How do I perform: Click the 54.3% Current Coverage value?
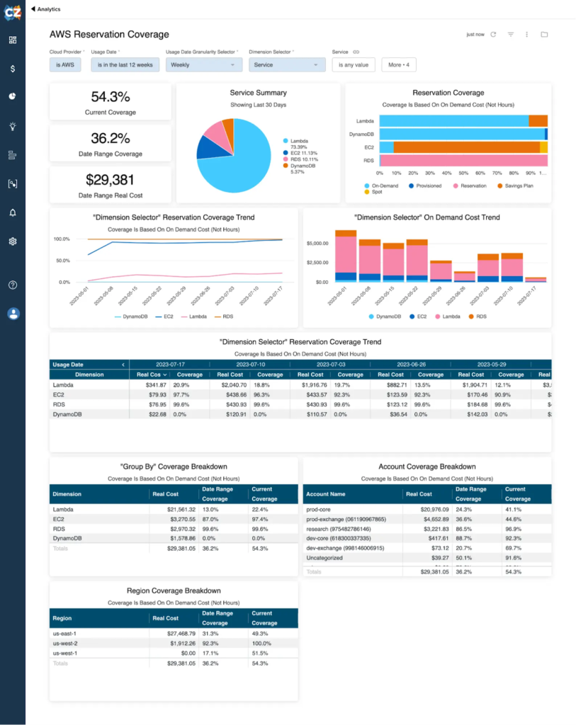point(110,97)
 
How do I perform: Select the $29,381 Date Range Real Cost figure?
point(110,180)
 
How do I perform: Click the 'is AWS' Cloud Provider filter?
point(65,65)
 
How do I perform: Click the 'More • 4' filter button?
point(398,65)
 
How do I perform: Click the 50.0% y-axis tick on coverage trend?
point(62,261)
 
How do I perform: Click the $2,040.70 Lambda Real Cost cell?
point(231,384)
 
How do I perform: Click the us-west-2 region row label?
point(65,644)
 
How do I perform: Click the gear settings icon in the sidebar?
point(13,241)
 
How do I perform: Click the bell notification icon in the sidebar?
point(13,212)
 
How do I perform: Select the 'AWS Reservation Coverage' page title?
point(109,34)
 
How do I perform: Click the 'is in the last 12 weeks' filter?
point(125,65)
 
